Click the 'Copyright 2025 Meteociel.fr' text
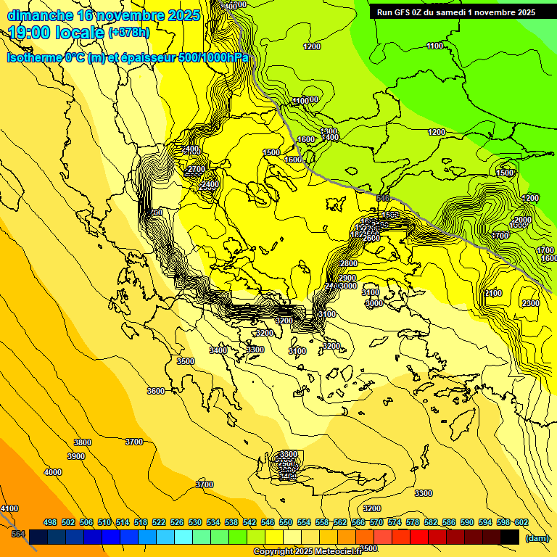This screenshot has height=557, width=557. click(x=308, y=552)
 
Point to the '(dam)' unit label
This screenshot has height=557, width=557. click(x=536, y=538)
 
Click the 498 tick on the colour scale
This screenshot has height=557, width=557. click(x=50, y=522)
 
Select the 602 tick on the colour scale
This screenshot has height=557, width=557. click(x=520, y=522)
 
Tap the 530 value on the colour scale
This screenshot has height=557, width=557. click(x=195, y=522)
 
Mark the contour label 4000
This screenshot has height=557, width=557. click(x=53, y=472)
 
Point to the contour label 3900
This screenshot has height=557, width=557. click(x=75, y=456)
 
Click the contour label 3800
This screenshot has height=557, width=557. click(x=83, y=442)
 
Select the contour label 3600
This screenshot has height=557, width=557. click(x=155, y=391)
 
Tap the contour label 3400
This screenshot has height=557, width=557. click(x=218, y=350)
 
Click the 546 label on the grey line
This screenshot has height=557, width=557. click(x=383, y=198)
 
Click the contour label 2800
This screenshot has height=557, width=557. click(x=348, y=263)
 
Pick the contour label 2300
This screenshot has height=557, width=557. click(x=530, y=303)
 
